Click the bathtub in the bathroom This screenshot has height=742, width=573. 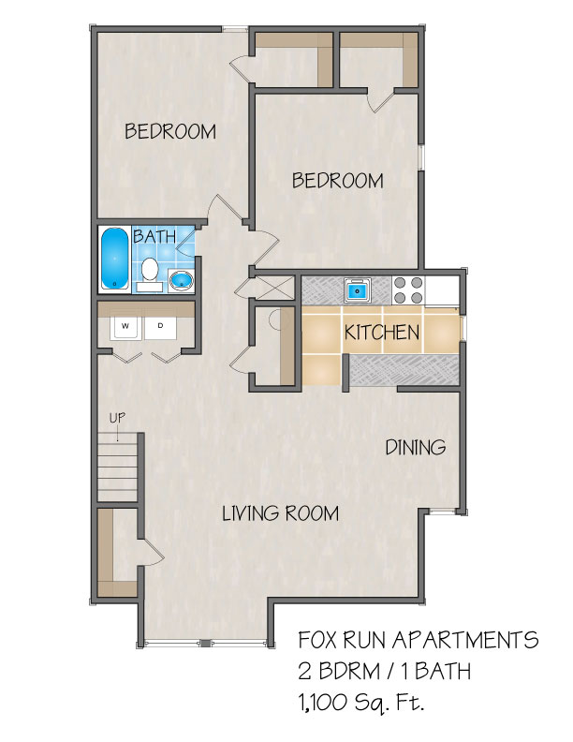point(114,259)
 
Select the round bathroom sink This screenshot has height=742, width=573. point(181,281)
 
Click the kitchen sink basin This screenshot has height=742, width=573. point(357,290)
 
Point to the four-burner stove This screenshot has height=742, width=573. point(408,290)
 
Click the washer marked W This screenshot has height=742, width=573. point(125,328)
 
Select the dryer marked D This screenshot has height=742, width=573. point(160,328)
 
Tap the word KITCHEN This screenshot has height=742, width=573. point(381,333)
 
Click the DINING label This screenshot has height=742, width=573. point(416,447)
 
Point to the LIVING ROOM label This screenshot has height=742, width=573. point(280,513)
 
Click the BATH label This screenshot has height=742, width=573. point(154,236)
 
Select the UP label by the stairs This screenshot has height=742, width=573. point(117,418)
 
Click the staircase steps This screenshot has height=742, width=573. point(117,467)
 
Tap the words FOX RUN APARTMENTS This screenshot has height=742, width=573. point(418,640)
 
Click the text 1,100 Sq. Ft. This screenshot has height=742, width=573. point(360,703)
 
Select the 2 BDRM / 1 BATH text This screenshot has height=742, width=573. point(384,671)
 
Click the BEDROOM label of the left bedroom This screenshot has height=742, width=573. point(170,131)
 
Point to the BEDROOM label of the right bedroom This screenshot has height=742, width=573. point(338,181)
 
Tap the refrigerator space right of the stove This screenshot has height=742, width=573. point(442,290)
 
